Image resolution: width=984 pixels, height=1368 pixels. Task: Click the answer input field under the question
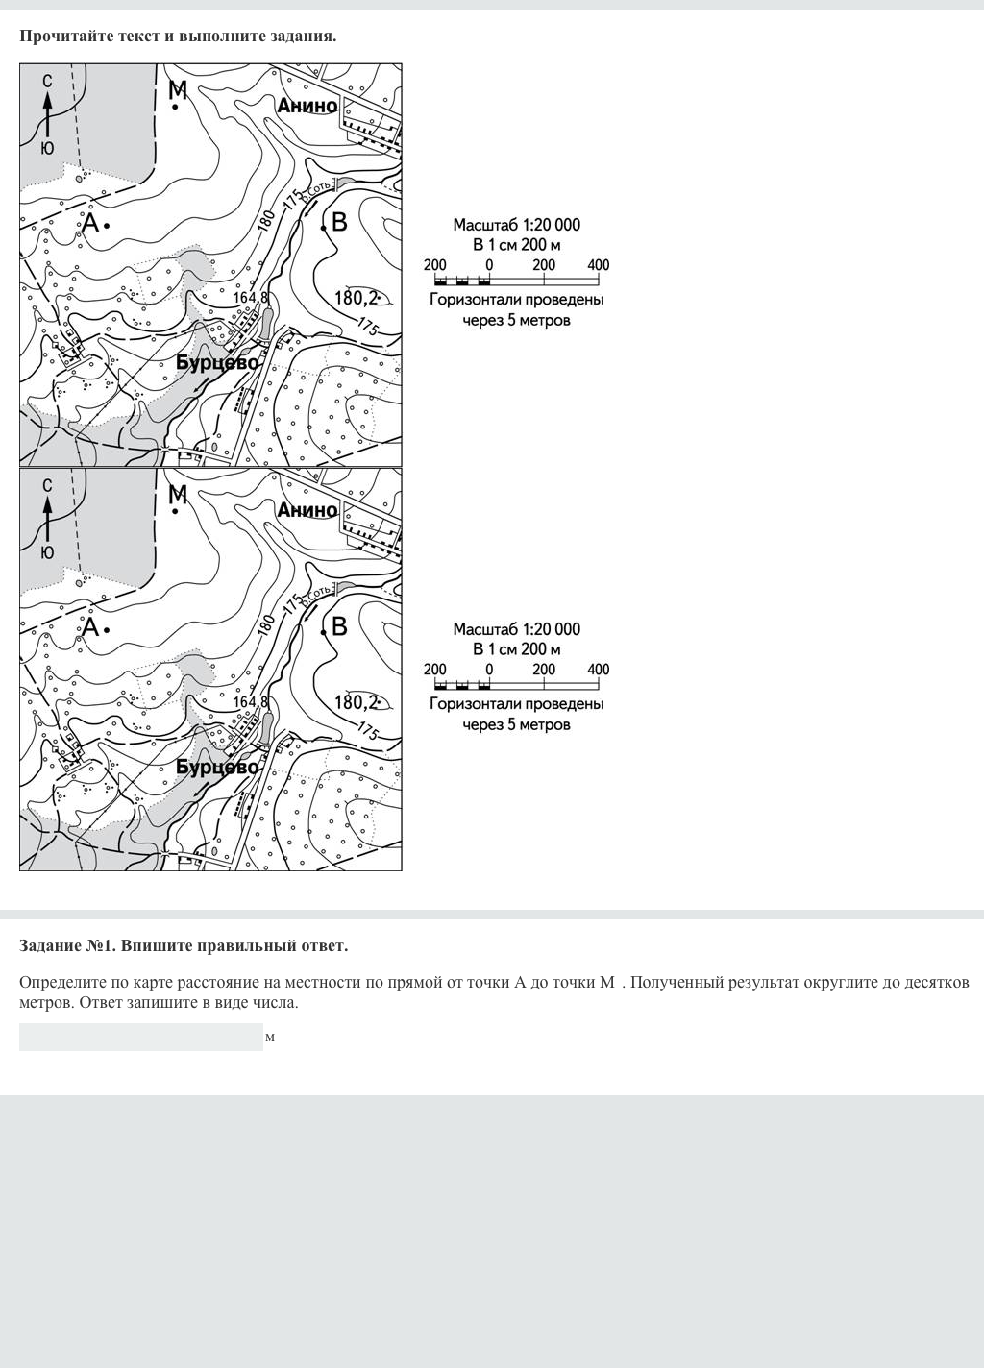coord(140,1038)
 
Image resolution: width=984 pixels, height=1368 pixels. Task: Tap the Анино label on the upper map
coord(307,106)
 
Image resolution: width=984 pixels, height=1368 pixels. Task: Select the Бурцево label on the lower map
coord(218,768)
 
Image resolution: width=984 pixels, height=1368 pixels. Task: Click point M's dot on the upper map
coord(175,108)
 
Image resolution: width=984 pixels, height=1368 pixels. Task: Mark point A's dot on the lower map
coord(107,629)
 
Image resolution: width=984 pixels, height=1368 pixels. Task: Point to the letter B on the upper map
coord(339,222)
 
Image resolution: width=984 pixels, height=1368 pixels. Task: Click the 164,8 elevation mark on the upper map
coord(250,298)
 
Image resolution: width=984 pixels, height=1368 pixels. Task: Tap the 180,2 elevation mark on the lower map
coord(357,702)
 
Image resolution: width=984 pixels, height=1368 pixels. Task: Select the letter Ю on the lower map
coord(47,552)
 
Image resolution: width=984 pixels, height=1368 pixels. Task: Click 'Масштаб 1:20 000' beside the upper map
coord(517,225)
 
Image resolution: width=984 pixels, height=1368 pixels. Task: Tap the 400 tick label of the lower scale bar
coord(598,670)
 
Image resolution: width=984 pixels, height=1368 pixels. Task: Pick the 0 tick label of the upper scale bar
coord(489,265)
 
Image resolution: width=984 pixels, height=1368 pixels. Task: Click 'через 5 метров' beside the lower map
coord(517,724)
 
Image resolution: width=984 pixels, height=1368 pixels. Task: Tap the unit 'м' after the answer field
coord(270,1038)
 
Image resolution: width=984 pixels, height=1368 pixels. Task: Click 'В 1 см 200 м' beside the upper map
coord(517,245)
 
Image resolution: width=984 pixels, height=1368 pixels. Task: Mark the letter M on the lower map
coord(178,495)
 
